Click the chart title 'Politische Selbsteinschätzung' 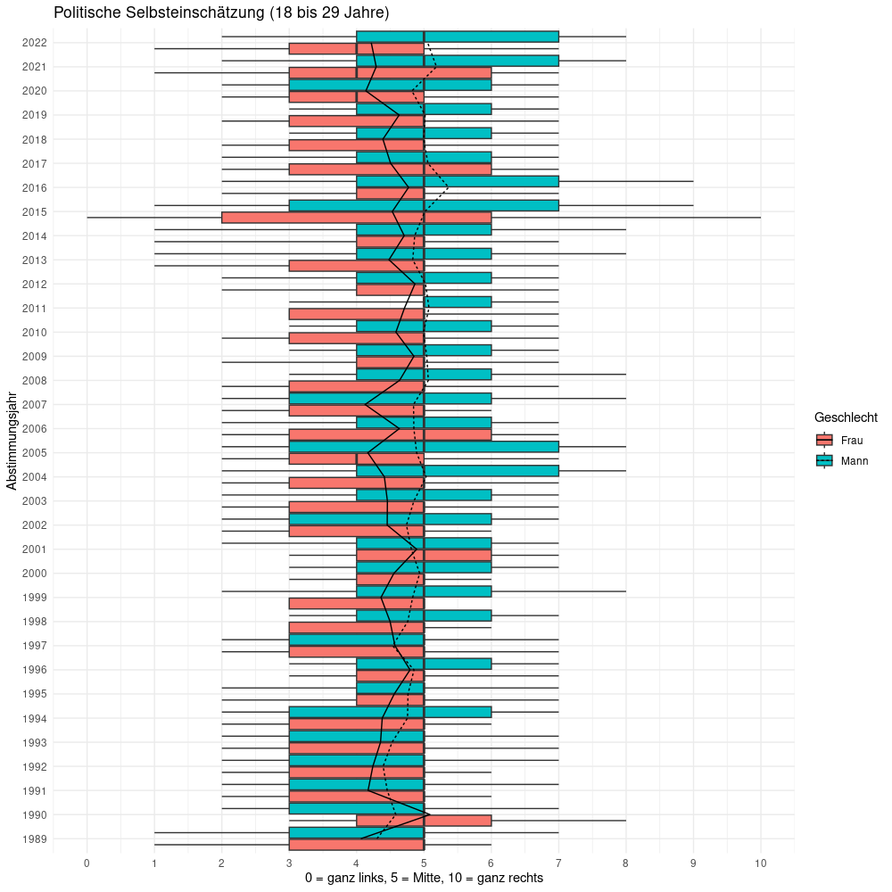[x=221, y=13]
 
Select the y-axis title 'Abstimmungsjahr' [x=12, y=439]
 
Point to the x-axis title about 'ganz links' [x=424, y=879]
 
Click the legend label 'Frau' [x=852, y=440]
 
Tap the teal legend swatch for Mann [x=824, y=461]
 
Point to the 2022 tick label [x=35, y=43]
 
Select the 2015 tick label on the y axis [x=35, y=212]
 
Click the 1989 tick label [x=35, y=839]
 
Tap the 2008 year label [x=35, y=381]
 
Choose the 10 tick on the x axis [x=761, y=863]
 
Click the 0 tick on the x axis [x=87, y=863]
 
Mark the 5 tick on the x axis [x=424, y=863]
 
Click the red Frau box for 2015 [x=357, y=218]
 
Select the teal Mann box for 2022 [x=458, y=37]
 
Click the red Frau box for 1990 [x=424, y=821]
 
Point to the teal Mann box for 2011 [x=458, y=301]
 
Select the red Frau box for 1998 [x=357, y=627]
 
